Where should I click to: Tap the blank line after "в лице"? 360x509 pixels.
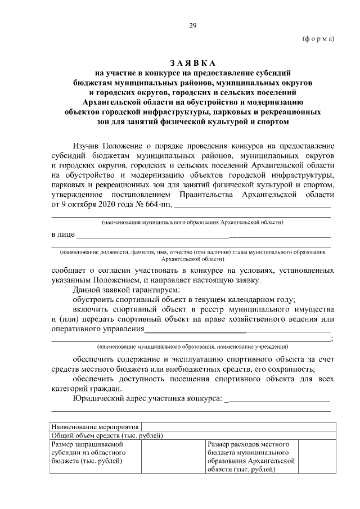(x=202, y=235)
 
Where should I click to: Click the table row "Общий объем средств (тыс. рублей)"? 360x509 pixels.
(x=107, y=435)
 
